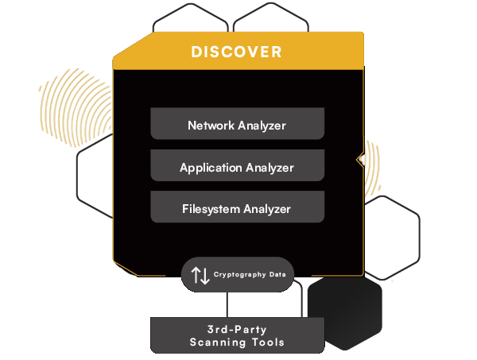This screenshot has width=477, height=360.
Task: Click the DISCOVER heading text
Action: point(236,52)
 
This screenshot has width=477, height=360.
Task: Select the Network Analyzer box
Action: point(237,125)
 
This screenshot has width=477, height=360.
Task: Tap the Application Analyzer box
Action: point(237,167)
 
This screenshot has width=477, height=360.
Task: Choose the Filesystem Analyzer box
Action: point(237,209)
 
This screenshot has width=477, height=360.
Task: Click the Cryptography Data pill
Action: point(237,275)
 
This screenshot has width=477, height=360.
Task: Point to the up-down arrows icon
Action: point(200,275)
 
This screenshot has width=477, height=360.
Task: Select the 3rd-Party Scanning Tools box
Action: point(237,335)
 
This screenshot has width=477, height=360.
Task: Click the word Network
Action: point(211,125)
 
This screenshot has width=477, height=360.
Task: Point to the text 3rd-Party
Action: point(237,327)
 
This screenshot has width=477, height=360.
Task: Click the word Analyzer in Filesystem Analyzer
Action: point(266,210)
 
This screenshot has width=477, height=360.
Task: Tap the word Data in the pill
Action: point(277,274)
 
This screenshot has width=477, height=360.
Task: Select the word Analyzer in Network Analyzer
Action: point(262,125)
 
